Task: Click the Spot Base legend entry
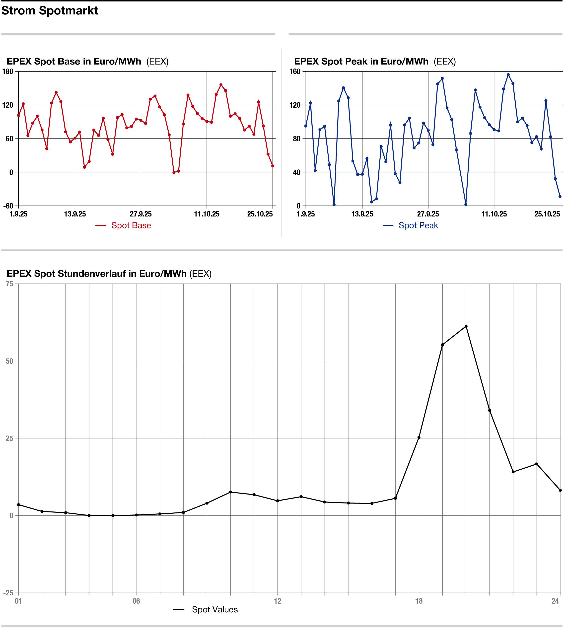click(131, 225)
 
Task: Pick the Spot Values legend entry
click(214, 610)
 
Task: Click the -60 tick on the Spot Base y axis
click(8, 206)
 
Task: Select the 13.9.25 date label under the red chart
click(75, 214)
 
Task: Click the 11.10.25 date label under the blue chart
click(494, 214)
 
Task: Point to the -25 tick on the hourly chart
click(8, 593)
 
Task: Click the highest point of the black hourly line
click(466, 326)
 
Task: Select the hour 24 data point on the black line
click(560, 490)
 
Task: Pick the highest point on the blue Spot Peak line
click(508, 75)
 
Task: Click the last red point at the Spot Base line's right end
click(273, 166)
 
